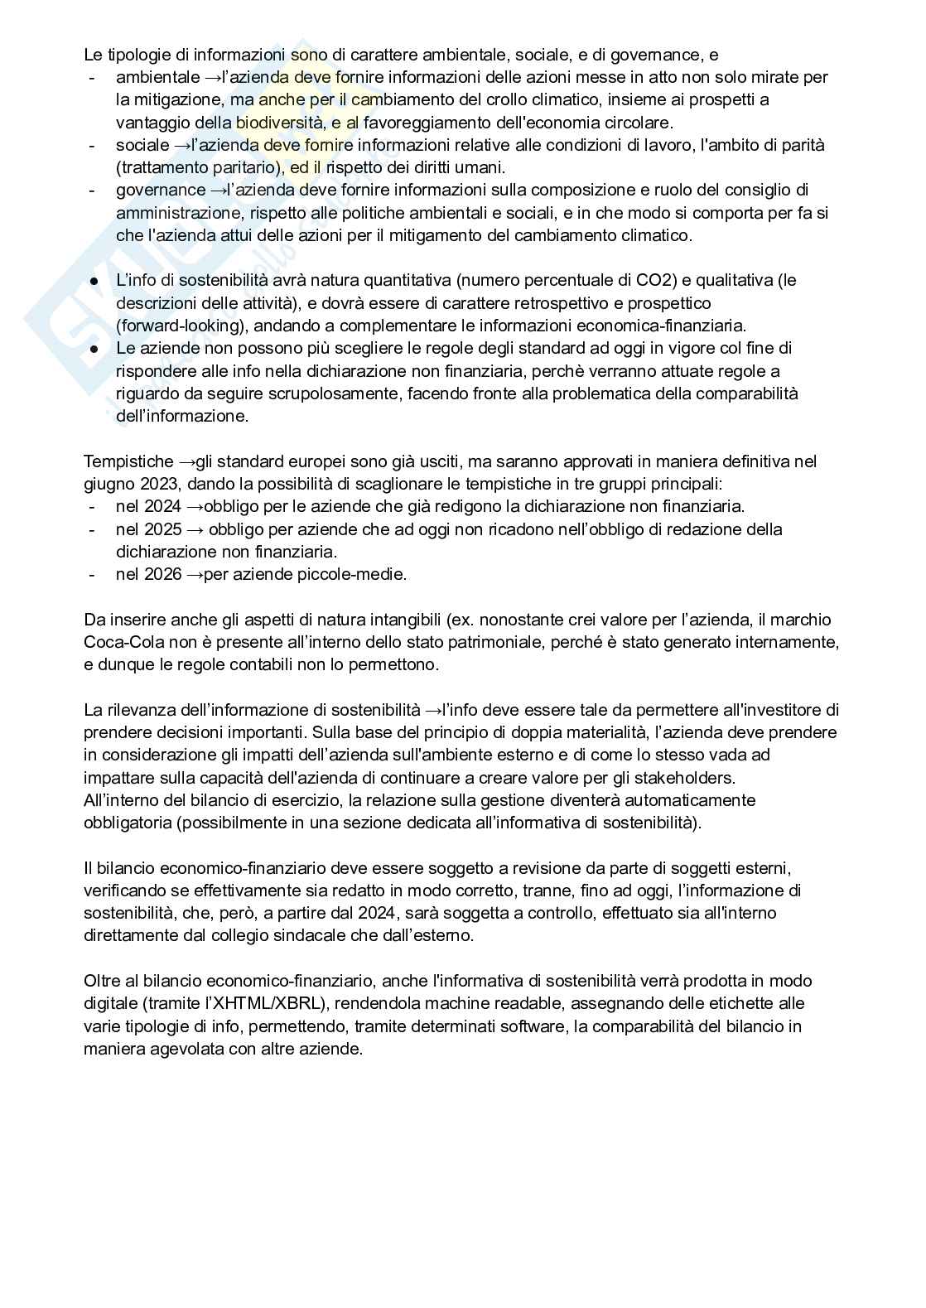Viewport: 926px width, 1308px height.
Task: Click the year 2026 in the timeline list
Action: coord(162,574)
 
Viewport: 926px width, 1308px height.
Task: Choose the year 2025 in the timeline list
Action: coord(162,529)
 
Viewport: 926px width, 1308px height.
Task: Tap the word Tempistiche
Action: coord(128,461)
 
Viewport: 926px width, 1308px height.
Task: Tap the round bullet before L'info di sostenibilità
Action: coord(94,281)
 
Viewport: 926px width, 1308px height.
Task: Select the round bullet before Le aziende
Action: coord(94,349)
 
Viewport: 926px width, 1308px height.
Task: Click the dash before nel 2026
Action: coord(90,574)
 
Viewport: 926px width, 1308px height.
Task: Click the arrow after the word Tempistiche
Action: coord(187,461)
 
